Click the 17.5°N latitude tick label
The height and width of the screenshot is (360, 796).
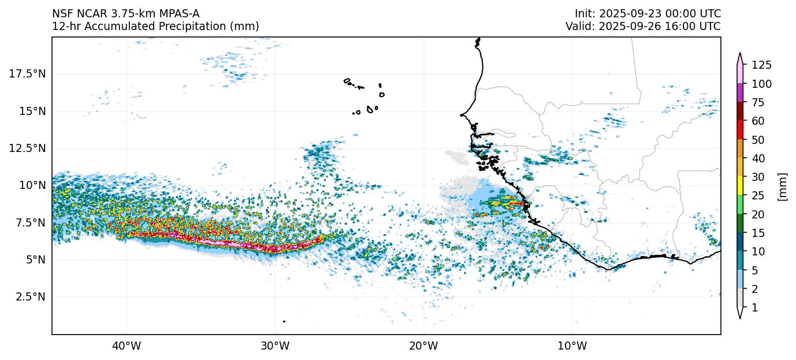point(28,73)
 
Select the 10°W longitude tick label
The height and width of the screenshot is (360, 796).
point(572,346)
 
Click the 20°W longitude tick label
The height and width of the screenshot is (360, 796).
point(423,346)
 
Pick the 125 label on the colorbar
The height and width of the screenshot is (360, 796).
point(761,65)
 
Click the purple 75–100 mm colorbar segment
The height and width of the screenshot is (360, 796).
point(740,92)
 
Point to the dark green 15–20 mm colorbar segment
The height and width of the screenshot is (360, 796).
point(740,222)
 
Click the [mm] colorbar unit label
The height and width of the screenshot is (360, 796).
point(783,186)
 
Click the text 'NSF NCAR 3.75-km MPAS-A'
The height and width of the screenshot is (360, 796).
point(126,13)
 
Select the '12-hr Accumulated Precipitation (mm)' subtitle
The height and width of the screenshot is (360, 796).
point(155,26)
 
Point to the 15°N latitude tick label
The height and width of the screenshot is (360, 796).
point(32,111)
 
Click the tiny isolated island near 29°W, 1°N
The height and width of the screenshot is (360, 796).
point(284,321)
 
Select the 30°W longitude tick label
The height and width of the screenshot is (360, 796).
point(275,346)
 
